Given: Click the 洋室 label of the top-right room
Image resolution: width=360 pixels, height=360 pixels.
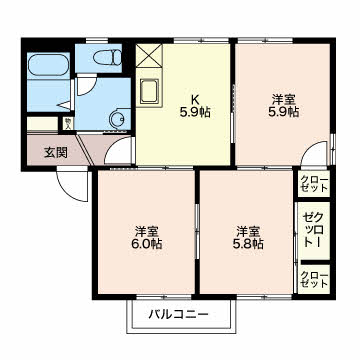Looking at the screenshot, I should coord(283,99).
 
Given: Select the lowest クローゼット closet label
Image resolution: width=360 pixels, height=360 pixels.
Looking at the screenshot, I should coord(313,280).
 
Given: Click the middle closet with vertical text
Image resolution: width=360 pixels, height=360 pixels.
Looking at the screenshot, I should coord(313,231).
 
